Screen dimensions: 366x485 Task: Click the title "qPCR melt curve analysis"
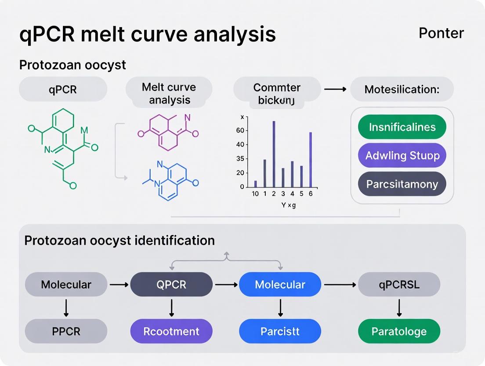pos(148,34)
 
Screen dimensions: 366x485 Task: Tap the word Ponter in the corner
pos(441,33)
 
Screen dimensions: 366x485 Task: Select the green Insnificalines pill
pos(402,127)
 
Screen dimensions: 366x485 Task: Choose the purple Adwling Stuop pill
pos(402,155)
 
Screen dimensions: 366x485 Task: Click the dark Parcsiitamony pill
pos(402,184)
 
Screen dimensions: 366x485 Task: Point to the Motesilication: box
pos(402,89)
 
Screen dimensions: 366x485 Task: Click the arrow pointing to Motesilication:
pos(335,89)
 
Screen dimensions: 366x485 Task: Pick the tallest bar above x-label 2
pos(274,154)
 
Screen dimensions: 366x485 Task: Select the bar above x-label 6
pos(311,160)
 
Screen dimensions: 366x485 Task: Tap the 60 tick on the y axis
pos(240,131)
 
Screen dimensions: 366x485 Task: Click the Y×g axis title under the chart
pos(288,205)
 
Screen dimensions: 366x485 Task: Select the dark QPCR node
pos(171,284)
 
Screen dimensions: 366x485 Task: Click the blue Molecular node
pos(280,284)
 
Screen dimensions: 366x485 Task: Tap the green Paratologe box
pos(399,331)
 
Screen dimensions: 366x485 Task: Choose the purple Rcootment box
pos(171,331)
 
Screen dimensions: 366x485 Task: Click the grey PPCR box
pos(66,331)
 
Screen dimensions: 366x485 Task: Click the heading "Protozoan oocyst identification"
pos(119,241)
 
